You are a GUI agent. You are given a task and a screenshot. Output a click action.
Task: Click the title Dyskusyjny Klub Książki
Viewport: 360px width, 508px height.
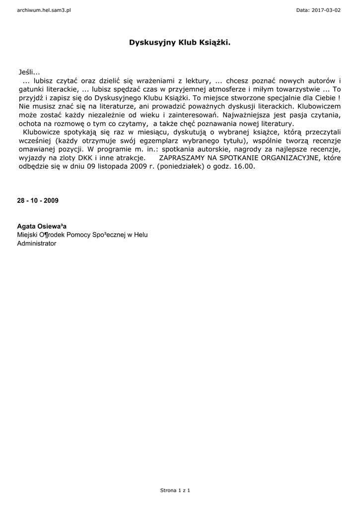click(180, 43)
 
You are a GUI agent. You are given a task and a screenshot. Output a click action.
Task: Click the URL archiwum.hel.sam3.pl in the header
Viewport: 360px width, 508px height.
click(44, 10)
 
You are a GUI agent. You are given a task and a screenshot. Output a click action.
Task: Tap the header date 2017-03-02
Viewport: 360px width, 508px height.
click(326, 10)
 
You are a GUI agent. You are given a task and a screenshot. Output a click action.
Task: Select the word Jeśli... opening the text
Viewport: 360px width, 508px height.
click(29, 72)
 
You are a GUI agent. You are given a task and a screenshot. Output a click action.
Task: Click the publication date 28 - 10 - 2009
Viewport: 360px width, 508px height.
click(38, 200)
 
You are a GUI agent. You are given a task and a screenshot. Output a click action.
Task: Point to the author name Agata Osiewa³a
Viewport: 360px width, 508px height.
click(42, 226)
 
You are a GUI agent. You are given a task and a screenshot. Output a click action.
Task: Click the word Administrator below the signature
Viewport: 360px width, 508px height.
click(37, 244)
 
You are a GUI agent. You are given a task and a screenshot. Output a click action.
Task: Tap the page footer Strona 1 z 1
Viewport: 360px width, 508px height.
click(175, 490)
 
